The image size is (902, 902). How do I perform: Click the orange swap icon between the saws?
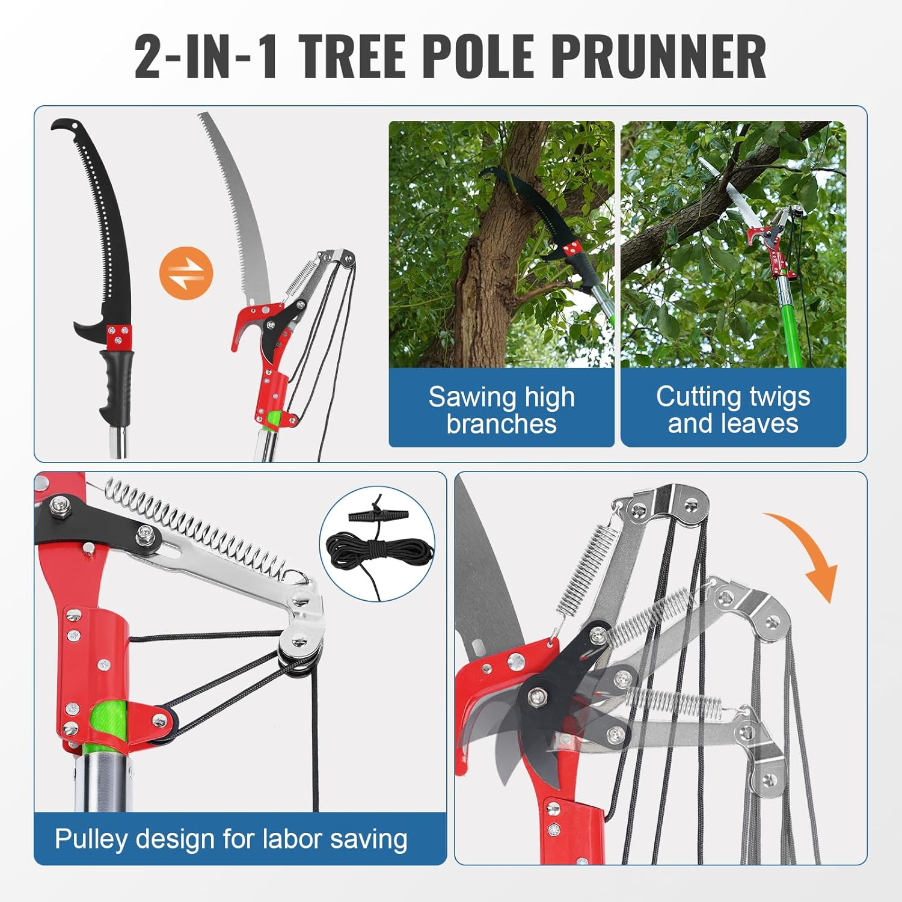(x=186, y=273)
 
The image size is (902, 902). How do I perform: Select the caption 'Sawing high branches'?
(x=501, y=410)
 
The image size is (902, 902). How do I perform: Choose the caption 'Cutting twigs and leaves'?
(x=733, y=410)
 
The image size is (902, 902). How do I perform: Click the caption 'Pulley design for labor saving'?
(x=231, y=839)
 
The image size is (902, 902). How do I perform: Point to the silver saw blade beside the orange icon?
(x=241, y=210)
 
